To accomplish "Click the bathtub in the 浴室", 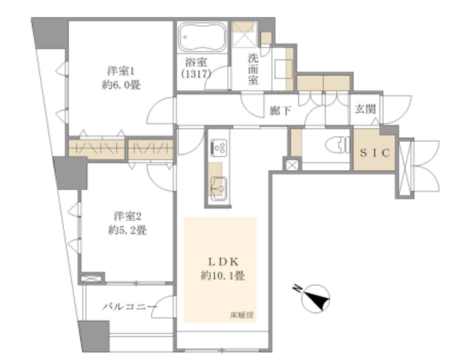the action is click(202, 37).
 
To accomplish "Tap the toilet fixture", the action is click(338, 145).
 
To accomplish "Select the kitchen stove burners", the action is click(219, 147).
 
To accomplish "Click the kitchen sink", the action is click(219, 188).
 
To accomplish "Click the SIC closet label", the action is click(375, 153).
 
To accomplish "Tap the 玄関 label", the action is click(365, 109).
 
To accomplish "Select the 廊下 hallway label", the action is click(280, 110).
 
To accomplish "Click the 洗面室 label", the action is click(253, 69).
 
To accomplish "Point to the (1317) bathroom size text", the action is click(196, 73).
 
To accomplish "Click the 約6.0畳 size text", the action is click(121, 85).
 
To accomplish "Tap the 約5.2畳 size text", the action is click(127, 230).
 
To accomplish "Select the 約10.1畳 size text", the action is click(223, 276).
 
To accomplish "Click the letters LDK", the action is click(223, 262).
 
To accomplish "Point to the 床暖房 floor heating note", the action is click(241, 315).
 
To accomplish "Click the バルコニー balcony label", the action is click(130, 307).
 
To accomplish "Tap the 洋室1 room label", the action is click(121, 71).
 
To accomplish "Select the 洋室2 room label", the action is click(127, 216).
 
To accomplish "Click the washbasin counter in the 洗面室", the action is click(283, 69).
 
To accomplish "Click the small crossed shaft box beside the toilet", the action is click(292, 165).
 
